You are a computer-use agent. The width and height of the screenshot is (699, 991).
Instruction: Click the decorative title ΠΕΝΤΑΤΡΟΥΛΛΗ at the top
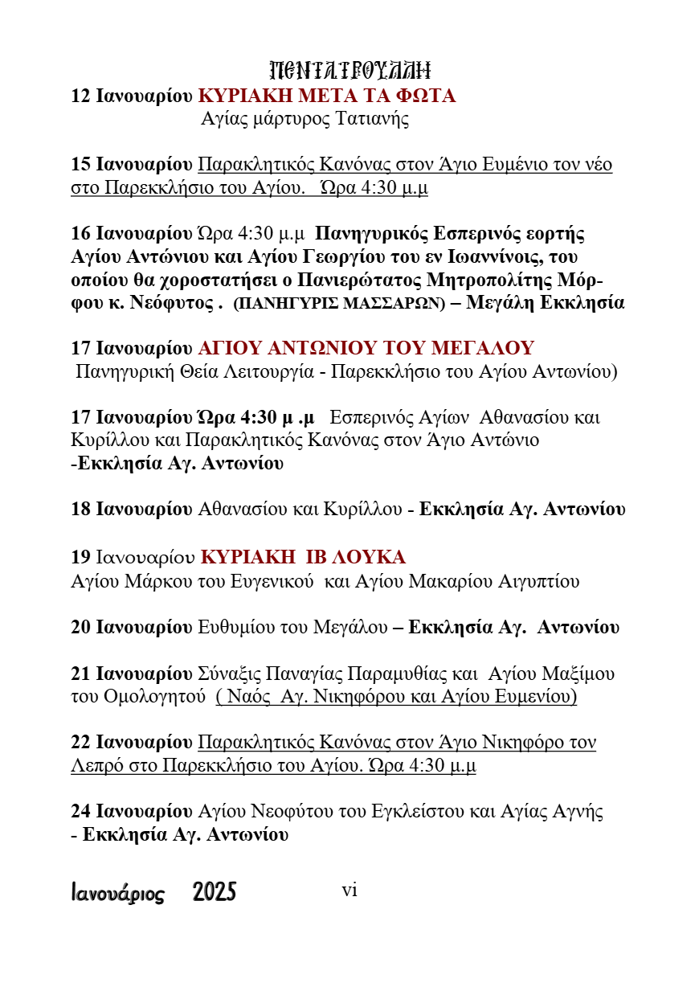(349, 70)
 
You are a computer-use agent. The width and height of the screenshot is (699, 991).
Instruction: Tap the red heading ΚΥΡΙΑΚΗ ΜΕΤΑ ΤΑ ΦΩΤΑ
(327, 96)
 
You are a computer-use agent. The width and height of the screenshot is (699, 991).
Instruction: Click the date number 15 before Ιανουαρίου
(81, 165)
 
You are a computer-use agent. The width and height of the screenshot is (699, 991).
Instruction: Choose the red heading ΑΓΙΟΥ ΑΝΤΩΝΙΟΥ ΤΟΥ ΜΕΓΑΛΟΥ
(366, 349)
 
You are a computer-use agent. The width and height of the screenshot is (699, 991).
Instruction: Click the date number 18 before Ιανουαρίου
(81, 510)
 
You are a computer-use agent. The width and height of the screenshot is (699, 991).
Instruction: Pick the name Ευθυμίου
(234, 628)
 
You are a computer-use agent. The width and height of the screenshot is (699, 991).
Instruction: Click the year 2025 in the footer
(215, 892)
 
